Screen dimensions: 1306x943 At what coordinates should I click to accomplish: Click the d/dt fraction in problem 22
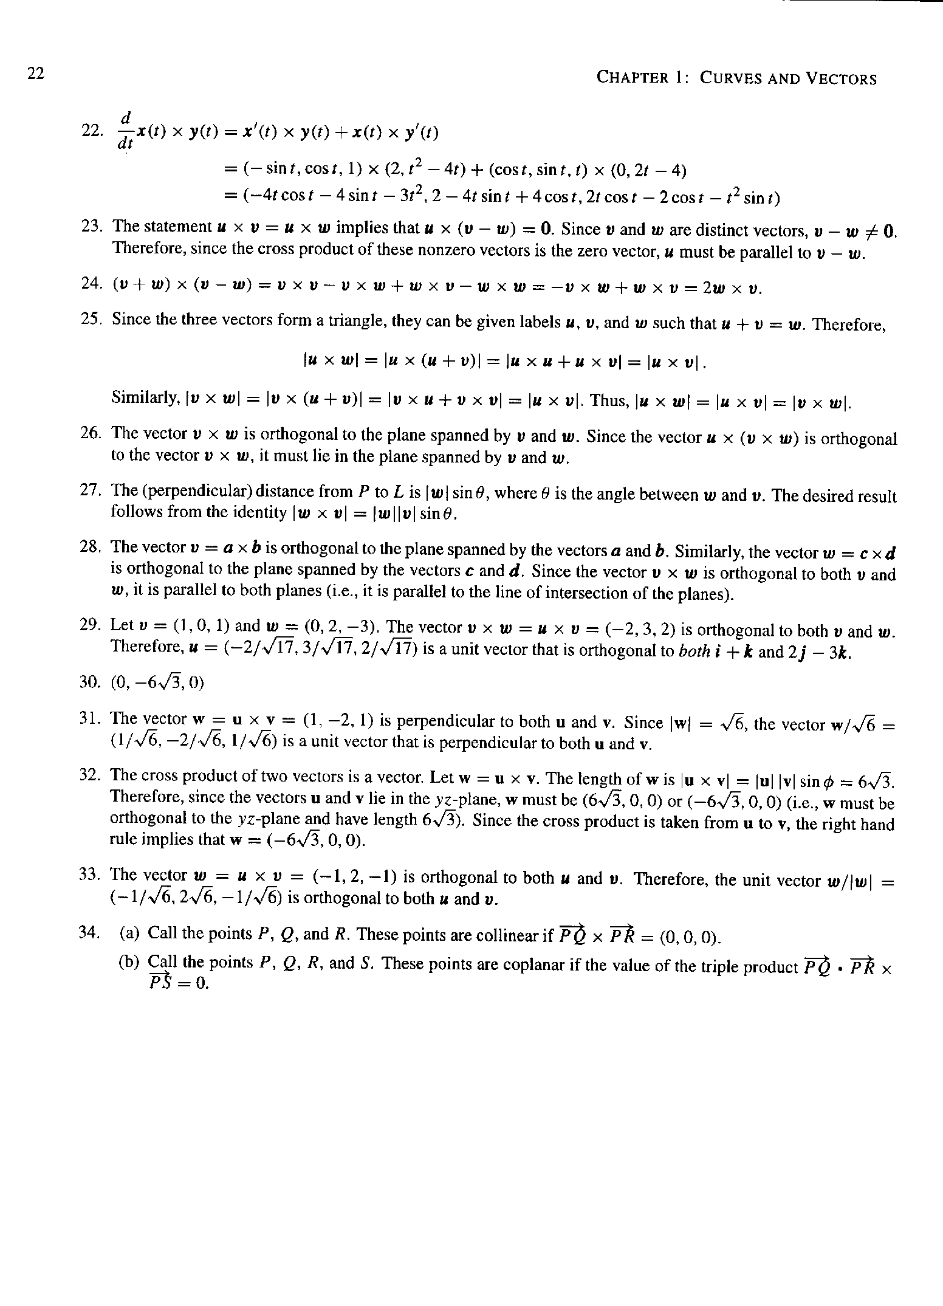coord(127,129)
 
